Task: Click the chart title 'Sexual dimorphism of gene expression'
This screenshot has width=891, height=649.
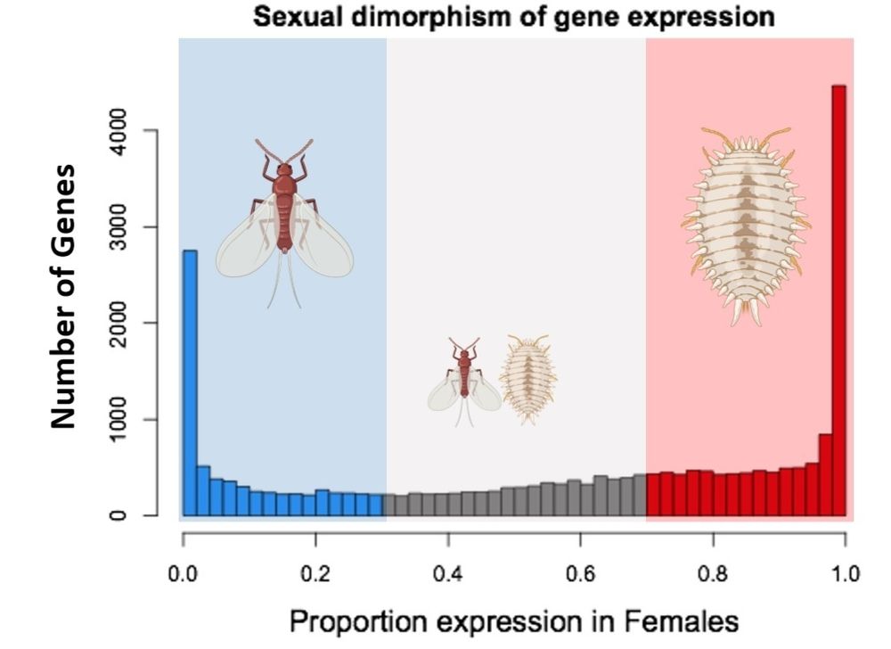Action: pyautogui.click(x=514, y=17)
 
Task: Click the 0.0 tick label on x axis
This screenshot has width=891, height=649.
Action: pyautogui.click(x=183, y=572)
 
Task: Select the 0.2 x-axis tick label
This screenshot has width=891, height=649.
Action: pyautogui.click(x=315, y=572)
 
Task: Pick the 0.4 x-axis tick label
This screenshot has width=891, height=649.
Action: pyautogui.click(x=448, y=572)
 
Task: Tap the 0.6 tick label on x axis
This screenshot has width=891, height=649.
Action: pyautogui.click(x=580, y=572)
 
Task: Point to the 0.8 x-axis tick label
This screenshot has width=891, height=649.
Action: pyautogui.click(x=713, y=572)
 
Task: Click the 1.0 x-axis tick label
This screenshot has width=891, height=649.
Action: pyautogui.click(x=845, y=572)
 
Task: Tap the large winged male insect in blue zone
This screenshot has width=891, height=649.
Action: pyautogui.click(x=284, y=223)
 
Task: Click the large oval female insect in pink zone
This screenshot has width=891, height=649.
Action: pyautogui.click(x=747, y=223)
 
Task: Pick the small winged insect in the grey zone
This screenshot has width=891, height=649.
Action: pyautogui.click(x=463, y=380)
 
